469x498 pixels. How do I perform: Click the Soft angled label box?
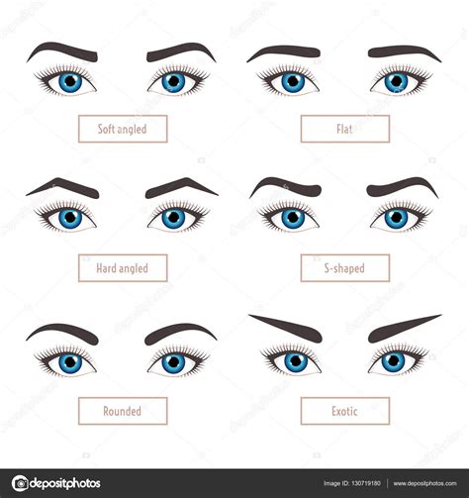click(123, 129)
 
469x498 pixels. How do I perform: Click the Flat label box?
click(344, 129)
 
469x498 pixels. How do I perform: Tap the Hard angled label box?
click(123, 268)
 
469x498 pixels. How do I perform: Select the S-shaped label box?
click(344, 268)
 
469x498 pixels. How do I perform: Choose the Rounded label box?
click(123, 410)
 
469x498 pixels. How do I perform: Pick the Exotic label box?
click(344, 410)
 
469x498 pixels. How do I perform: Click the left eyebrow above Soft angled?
click(61, 50)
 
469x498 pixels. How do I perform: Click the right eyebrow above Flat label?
click(404, 51)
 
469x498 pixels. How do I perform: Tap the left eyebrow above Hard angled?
click(61, 185)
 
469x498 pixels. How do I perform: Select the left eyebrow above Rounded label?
click(61, 331)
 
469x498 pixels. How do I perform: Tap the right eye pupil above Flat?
click(397, 81)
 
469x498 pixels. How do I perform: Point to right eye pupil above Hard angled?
click(174, 217)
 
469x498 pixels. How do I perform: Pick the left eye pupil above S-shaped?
click(292, 217)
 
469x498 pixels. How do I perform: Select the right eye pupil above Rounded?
click(174, 362)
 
